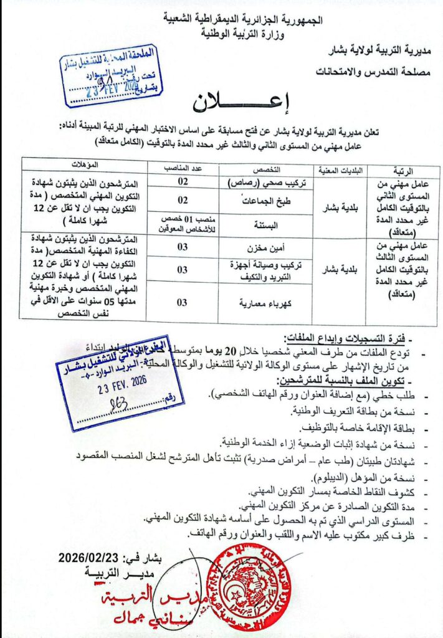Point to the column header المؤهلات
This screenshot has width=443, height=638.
(x=84, y=165)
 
